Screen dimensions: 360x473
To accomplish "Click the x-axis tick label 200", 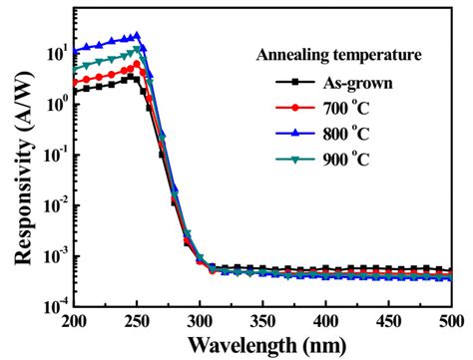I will pyautogui.click(x=74, y=322).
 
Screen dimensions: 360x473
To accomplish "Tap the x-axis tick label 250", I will pyautogui.click(x=137, y=322).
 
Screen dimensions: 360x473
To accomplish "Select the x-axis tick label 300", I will pyautogui.click(x=200, y=322).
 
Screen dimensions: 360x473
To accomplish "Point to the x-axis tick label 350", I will pyautogui.click(x=262, y=322).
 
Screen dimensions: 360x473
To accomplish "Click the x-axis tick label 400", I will pyautogui.click(x=325, y=322).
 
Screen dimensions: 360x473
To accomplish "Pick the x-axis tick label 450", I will pyautogui.click(x=388, y=322).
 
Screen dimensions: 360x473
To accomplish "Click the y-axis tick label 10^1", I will pyautogui.click(x=54, y=51).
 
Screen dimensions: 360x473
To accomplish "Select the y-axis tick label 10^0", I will pyautogui.click(x=54, y=102).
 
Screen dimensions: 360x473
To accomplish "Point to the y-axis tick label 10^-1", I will pyautogui.click(x=52, y=154).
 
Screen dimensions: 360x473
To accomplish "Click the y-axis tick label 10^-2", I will pyautogui.click(x=52, y=204).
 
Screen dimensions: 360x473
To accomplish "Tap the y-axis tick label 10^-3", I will pyautogui.click(x=52, y=255).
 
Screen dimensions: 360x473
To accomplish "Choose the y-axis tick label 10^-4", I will pyautogui.click(x=52, y=306).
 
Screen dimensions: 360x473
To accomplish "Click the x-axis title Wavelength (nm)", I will pyautogui.click(x=261, y=345).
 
